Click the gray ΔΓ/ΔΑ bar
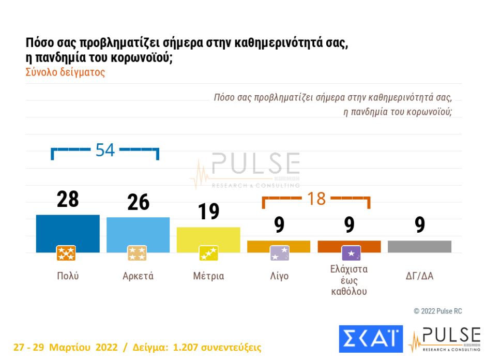coord(419,246)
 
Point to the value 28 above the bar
coord(68,200)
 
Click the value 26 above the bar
coord(138,202)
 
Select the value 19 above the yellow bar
coord(209,212)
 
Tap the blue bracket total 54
coord(105,150)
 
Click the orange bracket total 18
coord(316,199)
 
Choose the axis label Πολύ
coord(68,276)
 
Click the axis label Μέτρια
coord(208,276)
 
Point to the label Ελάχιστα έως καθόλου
coord(349,280)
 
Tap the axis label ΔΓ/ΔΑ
coord(419,276)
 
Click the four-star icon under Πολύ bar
coord(66,253)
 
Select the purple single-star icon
coord(351,253)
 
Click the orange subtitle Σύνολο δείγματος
coord(65,72)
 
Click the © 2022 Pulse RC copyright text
coord(437,311)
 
